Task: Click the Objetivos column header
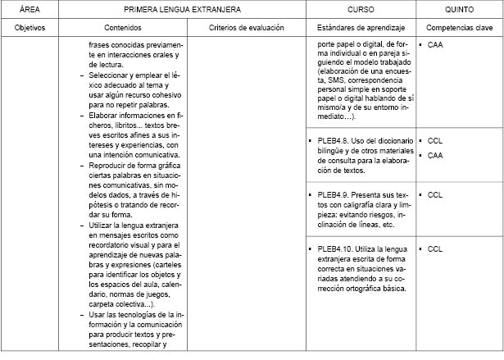[x=30, y=27]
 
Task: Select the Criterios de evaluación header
[x=246, y=27]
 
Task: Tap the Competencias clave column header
[x=459, y=27]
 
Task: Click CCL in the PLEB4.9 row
[x=435, y=195]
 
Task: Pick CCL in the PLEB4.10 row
[x=435, y=248]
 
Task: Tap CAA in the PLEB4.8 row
[x=435, y=155]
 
